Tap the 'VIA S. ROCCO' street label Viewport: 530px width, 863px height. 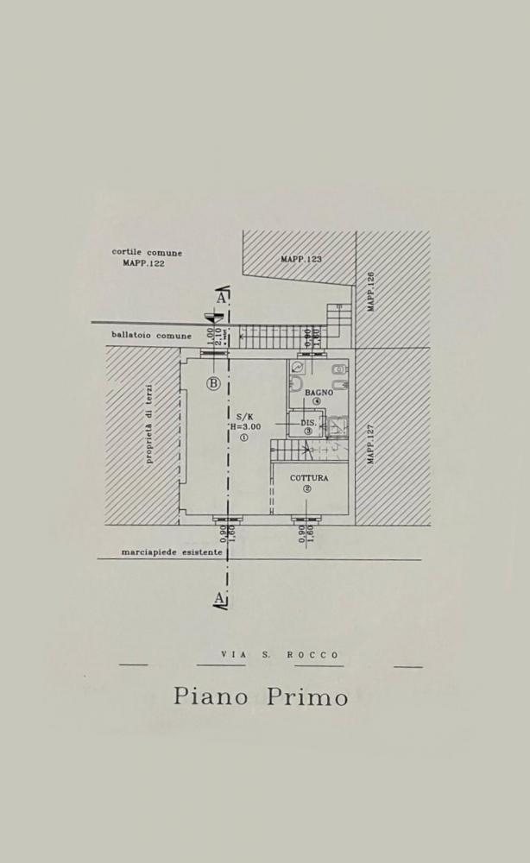[x=280, y=655]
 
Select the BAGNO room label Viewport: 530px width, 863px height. [x=318, y=393]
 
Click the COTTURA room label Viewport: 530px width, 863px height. [x=308, y=478]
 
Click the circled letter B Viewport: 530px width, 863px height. [x=213, y=383]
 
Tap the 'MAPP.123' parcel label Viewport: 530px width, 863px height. [x=301, y=259]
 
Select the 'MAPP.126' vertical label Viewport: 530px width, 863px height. [x=370, y=292]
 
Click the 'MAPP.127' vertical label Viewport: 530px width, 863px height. [x=370, y=444]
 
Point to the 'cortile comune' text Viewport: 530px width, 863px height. [x=147, y=253]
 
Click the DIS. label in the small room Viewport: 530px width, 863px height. [x=307, y=423]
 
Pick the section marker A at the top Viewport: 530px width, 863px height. [x=223, y=298]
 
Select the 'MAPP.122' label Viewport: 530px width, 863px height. [x=143, y=263]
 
